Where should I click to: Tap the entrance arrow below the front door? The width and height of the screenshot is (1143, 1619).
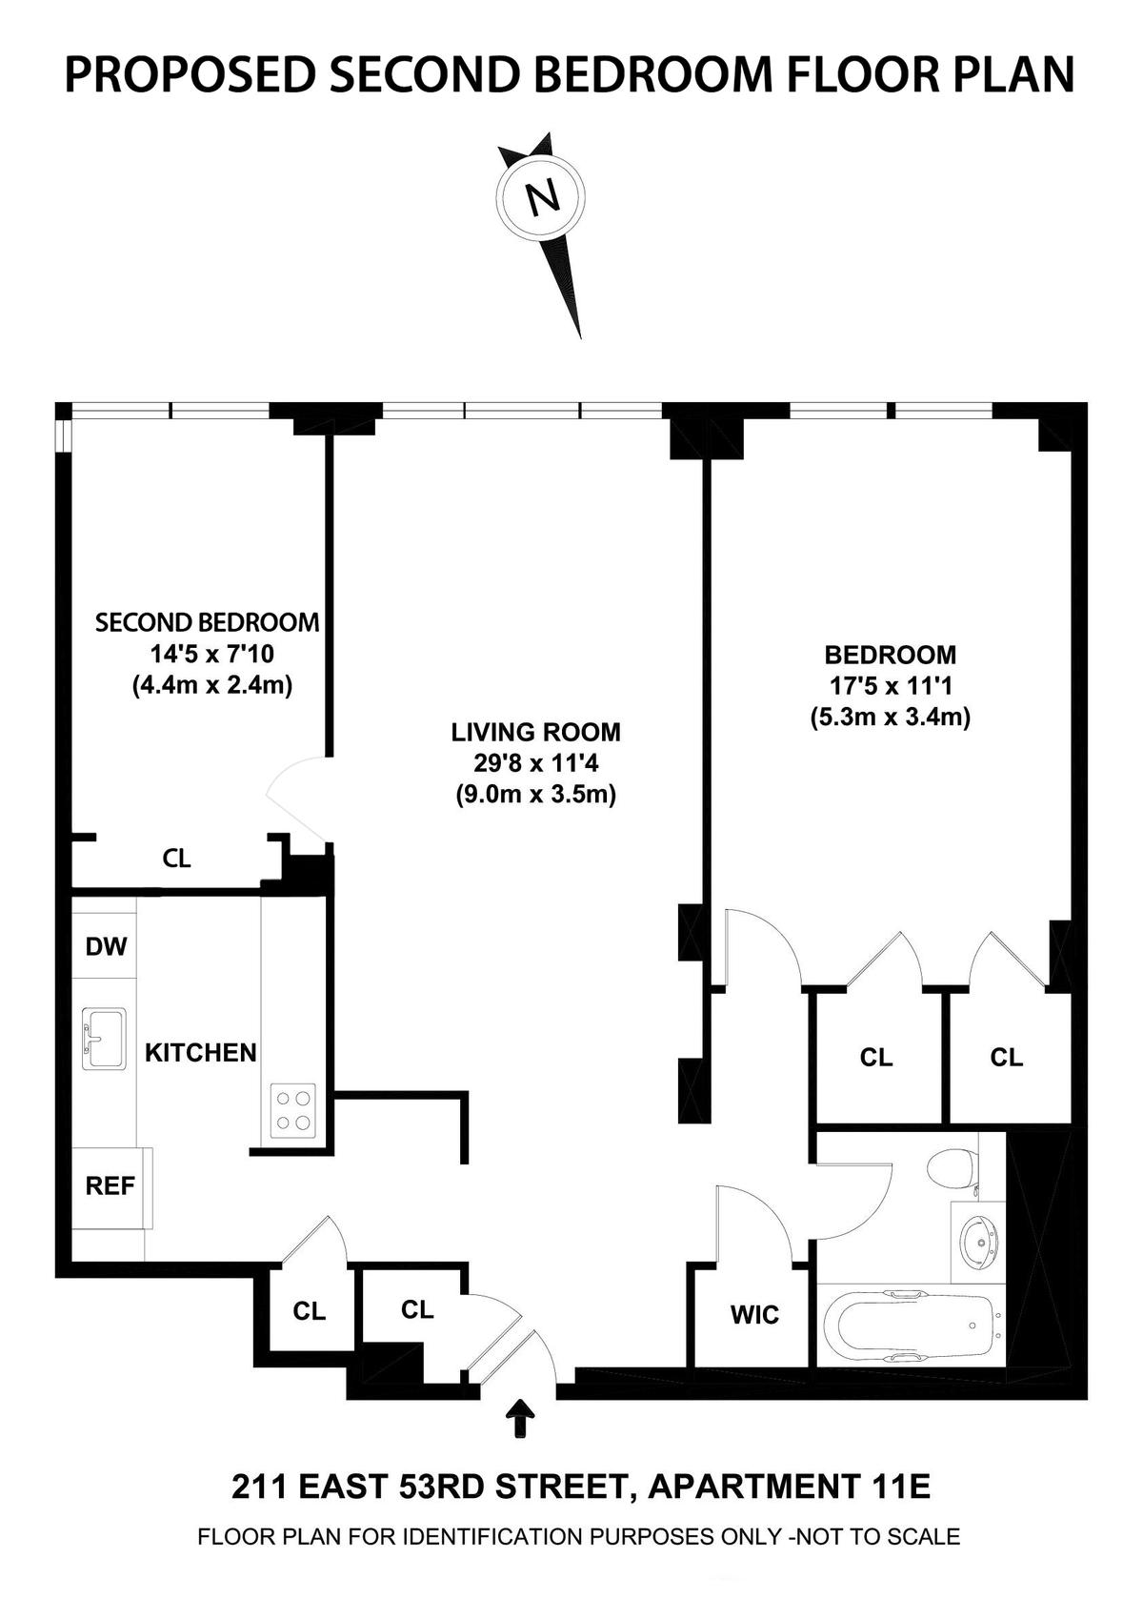click(x=520, y=1419)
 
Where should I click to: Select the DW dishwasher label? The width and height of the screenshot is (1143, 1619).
click(x=107, y=946)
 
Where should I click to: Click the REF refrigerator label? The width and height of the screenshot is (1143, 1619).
click(x=110, y=1185)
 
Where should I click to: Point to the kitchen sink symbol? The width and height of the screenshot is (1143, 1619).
click(x=104, y=1039)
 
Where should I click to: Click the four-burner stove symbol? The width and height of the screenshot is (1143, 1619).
click(x=292, y=1109)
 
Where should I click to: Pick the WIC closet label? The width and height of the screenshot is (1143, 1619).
click(x=755, y=1314)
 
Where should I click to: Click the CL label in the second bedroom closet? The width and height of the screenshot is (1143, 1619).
click(x=177, y=858)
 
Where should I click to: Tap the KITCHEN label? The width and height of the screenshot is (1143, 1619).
click(x=201, y=1052)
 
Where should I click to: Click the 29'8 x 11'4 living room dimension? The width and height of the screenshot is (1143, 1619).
click(x=535, y=763)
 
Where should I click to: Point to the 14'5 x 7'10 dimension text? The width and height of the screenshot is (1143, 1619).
click(x=211, y=654)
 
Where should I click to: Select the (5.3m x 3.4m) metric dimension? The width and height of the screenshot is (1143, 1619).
click(x=890, y=717)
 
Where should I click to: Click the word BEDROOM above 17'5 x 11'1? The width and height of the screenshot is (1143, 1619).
click(x=891, y=655)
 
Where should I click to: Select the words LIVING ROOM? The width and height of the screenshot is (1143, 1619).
click(x=536, y=732)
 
